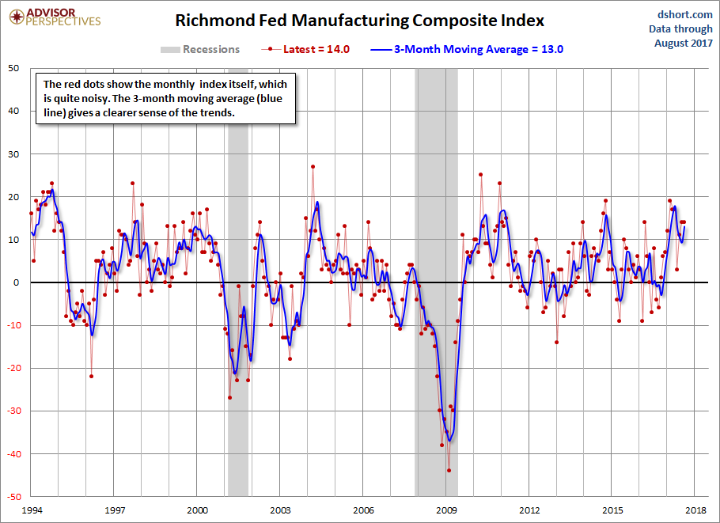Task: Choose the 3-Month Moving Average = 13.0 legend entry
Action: click(479, 49)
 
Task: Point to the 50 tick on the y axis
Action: click(14, 68)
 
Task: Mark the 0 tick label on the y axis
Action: click(17, 282)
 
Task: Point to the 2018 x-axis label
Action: click(695, 510)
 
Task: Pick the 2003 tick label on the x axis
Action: click(280, 510)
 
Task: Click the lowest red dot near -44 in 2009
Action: click(449, 470)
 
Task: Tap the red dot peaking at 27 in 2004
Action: click(313, 167)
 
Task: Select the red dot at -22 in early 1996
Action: click(91, 376)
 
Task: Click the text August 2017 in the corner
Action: click(684, 43)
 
